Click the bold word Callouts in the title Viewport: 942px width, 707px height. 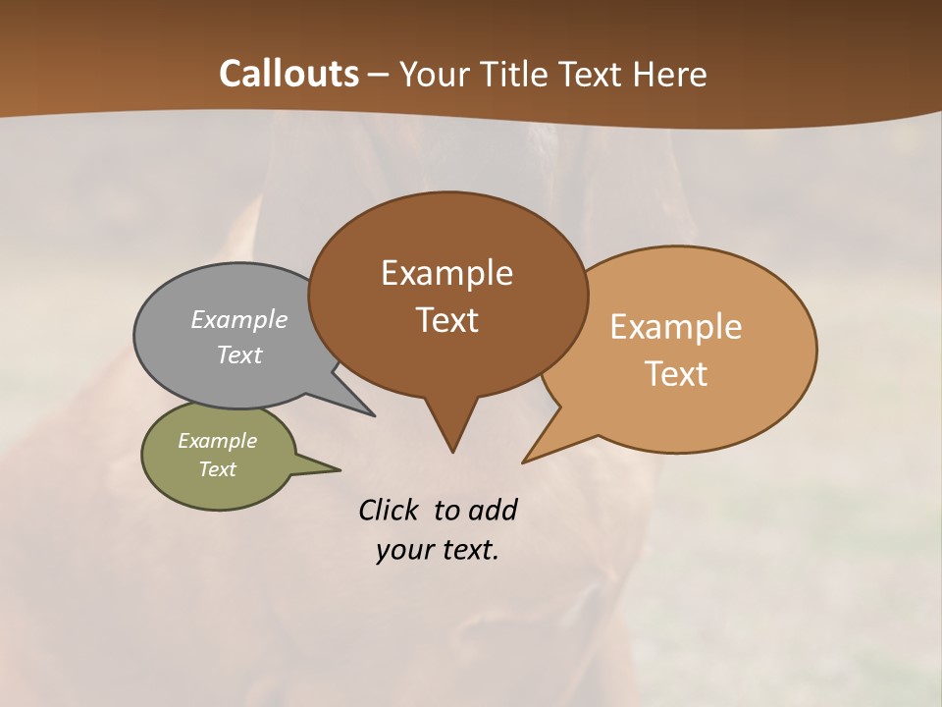coord(288,74)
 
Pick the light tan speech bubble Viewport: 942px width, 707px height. coord(746,412)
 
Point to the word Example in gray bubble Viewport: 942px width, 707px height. coord(239,320)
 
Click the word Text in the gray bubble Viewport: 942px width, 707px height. coord(239,355)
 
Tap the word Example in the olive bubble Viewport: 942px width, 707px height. coord(217,441)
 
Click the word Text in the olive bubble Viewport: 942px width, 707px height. coord(217,469)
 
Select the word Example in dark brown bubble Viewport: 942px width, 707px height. coord(446,273)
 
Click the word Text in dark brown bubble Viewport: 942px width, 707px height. coord(446,320)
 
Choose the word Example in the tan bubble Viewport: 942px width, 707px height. coord(676,327)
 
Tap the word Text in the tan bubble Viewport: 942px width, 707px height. coord(676,374)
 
